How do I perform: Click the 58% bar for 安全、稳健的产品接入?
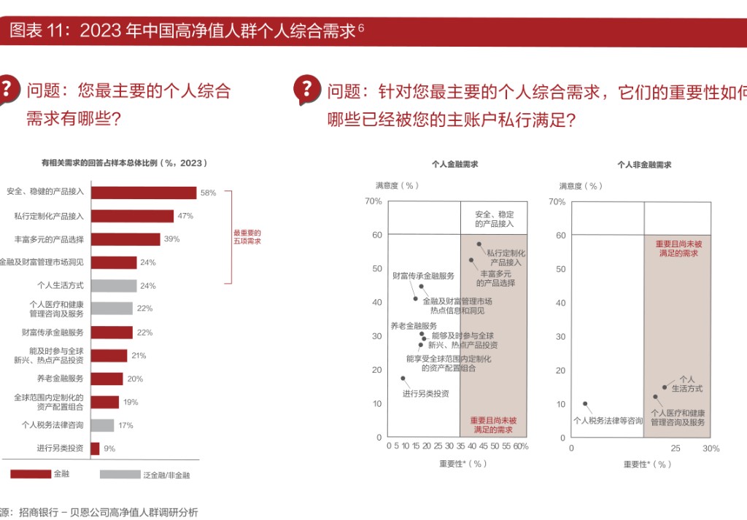[143, 193]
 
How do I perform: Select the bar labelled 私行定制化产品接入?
[132, 216]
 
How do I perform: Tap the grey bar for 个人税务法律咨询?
[102, 425]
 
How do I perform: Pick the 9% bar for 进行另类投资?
[95, 449]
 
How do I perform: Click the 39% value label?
[171, 239]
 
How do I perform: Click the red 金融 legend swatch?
[31, 474]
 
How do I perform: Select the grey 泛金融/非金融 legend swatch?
[120, 474]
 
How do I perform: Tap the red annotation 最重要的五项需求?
[247, 236]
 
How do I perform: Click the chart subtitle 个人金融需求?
[454, 166]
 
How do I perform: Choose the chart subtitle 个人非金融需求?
[644, 166]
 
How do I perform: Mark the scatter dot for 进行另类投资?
[403, 379]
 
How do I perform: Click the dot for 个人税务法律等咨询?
[585, 403]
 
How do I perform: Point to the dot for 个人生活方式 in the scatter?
[665, 387]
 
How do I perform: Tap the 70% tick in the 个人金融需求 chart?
[373, 201]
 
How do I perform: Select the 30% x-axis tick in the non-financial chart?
[711, 449]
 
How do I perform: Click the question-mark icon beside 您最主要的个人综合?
[7, 90]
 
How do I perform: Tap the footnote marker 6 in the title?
[361, 27]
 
